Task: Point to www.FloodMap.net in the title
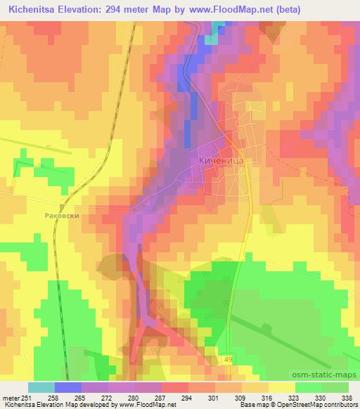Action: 229,10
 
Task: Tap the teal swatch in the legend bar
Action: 41,387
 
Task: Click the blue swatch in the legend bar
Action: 67,387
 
